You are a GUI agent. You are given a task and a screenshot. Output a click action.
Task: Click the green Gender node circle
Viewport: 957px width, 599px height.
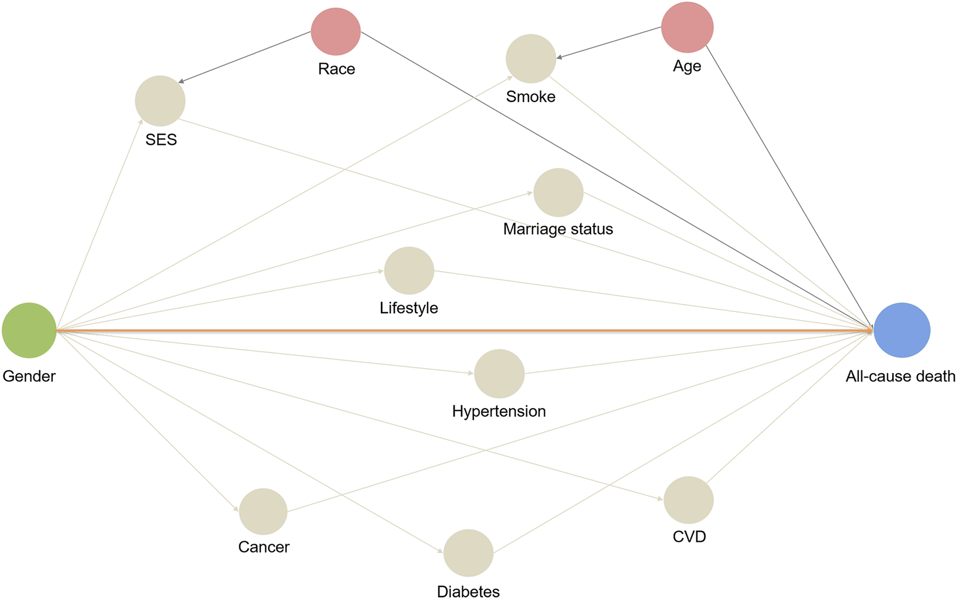(29, 330)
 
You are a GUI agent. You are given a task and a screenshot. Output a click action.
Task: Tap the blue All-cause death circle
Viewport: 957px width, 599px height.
(902, 330)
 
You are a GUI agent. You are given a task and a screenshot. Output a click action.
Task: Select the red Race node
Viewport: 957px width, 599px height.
(336, 31)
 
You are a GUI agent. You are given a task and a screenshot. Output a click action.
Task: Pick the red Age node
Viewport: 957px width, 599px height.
(687, 27)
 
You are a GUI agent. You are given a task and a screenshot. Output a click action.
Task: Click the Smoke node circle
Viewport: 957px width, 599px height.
(531, 59)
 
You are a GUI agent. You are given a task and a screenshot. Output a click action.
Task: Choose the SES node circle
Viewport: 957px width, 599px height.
(160, 101)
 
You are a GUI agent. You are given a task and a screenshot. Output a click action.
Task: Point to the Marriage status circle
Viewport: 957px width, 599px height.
(558, 193)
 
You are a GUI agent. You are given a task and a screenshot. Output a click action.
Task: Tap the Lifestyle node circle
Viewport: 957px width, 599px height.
(409, 271)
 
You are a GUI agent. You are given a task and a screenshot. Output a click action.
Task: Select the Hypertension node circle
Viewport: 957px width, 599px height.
(499, 374)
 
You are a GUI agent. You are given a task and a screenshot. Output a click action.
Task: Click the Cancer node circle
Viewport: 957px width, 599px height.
(263, 512)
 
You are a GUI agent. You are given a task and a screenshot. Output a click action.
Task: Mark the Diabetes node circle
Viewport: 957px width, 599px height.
(468, 553)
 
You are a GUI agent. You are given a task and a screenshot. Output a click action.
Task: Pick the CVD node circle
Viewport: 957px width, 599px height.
(689, 500)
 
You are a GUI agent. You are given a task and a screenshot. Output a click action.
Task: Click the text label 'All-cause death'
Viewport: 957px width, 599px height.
(900, 376)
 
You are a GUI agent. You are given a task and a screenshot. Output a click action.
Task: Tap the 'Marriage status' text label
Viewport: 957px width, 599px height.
(558, 229)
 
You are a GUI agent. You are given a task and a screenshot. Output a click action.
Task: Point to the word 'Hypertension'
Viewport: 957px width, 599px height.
(499, 411)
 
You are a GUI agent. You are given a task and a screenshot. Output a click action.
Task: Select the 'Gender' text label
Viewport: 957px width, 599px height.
(29, 376)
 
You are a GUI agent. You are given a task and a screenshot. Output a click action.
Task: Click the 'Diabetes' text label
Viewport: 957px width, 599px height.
(468, 591)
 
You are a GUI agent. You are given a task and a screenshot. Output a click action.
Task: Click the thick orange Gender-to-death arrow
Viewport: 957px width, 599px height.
(464, 330)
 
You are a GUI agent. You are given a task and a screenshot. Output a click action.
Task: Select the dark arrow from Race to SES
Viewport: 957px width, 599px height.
(245, 57)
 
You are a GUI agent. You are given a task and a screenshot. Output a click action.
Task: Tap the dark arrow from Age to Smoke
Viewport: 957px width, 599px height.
(609, 42)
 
